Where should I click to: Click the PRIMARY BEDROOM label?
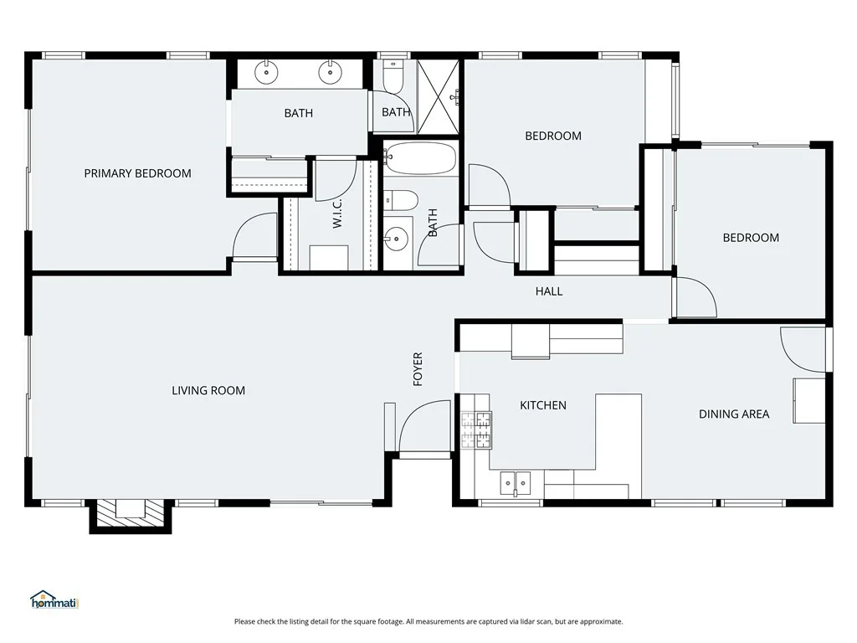[x=138, y=173]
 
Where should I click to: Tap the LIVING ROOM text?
[x=208, y=390]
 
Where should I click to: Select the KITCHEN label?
[x=542, y=405]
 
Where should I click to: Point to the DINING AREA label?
[x=734, y=414]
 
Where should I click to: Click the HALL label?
[x=549, y=291]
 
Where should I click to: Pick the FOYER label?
[x=418, y=369]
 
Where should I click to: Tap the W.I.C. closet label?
[x=337, y=213]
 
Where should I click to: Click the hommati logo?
[x=54, y=599]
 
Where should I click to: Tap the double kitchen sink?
[x=516, y=483]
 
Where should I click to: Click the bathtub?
[x=420, y=158]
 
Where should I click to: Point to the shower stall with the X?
[x=438, y=97]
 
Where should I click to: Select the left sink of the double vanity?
[x=266, y=72]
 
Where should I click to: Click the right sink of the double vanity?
[x=330, y=72]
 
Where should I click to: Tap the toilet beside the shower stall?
[x=393, y=76]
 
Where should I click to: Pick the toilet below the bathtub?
[x=401, y=200]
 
